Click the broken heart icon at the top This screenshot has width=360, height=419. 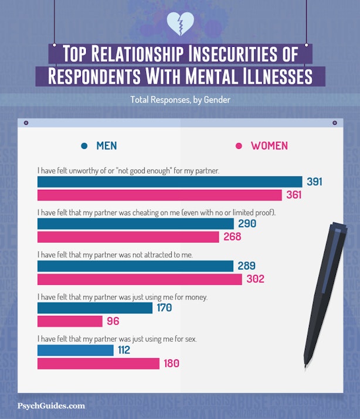tap(180, 23)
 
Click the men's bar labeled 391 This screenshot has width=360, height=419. tap(169, 182)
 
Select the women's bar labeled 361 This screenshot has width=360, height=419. tap(159, 195)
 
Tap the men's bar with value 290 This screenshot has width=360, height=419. tap(135, 224)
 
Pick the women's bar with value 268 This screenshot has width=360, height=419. tap(128, 237)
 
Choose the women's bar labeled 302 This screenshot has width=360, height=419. tap(140, 279)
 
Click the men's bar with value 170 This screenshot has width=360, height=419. tap(94, 308)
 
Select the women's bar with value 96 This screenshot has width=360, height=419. tap(70, 321)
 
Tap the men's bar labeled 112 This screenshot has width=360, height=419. tap(75, 350)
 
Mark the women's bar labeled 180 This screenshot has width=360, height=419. tap(98, 363)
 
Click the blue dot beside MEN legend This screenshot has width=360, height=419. tap(84, 146)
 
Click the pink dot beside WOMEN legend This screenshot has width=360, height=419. tap(239, 146)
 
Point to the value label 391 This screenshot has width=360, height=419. tap(314, 182)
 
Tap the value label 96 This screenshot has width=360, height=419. tap(113, 321)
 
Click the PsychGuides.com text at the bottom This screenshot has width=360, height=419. tap(51, 406)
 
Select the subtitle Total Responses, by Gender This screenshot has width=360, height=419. tap(180, 100)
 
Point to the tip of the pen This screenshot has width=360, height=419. tap(305, 367)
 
